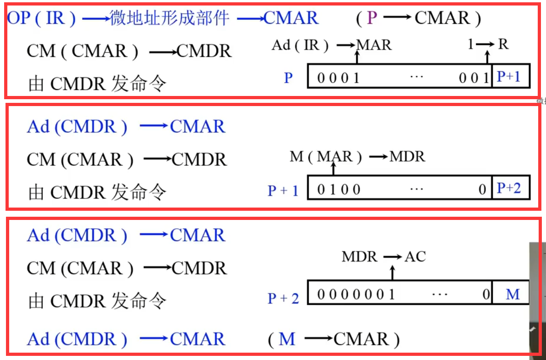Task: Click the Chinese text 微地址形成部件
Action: pos(169,18)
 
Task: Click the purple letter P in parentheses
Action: pos(372,18)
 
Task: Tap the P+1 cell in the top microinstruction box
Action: pos(509,77)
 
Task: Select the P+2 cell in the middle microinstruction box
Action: pos(509,188)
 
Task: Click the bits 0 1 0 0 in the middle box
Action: pos(339,189)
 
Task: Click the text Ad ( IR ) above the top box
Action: pos(301,45)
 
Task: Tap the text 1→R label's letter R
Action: pos(503,45)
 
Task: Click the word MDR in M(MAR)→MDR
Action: pos(407,157)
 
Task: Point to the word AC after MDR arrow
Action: pos(415,256)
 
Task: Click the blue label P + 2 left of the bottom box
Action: pos(283,299)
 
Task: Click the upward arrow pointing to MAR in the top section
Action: pos(357,57)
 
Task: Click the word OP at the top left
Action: pos(18,19)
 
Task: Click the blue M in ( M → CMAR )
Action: pos(287,339)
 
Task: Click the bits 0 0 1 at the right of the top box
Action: pos(475,78)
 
